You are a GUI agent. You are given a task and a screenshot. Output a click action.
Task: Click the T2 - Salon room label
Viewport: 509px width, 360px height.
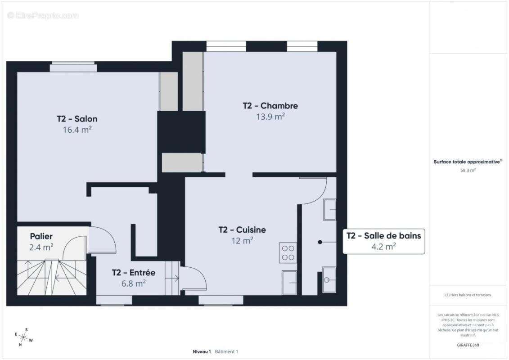coord(77,119)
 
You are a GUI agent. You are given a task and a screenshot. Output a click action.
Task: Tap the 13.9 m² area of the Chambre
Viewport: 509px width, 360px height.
coord(270,117)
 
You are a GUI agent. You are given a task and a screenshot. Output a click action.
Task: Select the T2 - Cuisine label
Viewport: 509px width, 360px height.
coord(242,230)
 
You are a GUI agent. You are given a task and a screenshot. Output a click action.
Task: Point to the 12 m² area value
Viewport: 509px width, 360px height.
coord(242,241)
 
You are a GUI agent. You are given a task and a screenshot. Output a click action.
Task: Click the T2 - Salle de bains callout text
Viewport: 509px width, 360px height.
coord(383,235)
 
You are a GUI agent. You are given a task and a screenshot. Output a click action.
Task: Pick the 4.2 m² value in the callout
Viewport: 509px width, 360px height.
coord(383,246)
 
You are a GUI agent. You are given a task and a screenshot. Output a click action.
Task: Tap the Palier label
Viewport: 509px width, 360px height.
coord(41,236)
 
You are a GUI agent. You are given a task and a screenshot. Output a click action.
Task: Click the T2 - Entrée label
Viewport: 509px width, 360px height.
coord(134,273)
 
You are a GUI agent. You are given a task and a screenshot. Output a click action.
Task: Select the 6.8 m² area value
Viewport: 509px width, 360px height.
coord(134,283)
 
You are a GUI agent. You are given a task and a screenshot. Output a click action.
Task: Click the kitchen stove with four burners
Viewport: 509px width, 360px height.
coord(288,252)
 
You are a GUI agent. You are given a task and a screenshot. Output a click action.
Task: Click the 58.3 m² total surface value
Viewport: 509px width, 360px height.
coord(468,171)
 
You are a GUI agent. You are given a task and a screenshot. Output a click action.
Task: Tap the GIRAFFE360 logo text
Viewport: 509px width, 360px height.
coord(468,345)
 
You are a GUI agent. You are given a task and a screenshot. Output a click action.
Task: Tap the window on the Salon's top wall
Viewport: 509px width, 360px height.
coord(73,67)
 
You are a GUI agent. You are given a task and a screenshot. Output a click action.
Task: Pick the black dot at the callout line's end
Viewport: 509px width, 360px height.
coord(320,242)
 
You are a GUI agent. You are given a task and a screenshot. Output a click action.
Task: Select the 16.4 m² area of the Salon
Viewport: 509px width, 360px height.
coord(77,130)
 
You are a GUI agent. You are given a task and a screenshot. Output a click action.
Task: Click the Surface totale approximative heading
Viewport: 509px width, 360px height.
coord(468,162)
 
